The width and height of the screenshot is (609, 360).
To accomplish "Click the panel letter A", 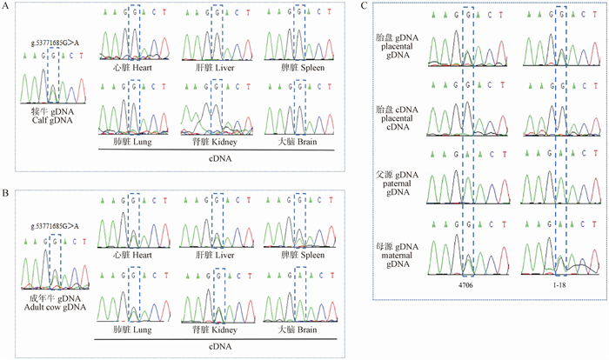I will (7, 6).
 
